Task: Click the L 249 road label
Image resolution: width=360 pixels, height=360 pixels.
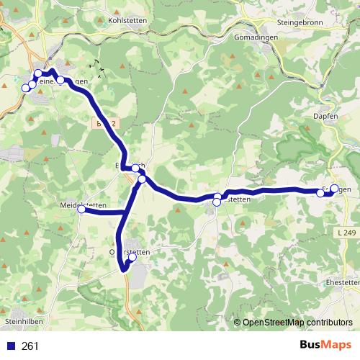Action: pos(346,232)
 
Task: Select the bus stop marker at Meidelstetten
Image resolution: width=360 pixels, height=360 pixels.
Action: pos(81,210)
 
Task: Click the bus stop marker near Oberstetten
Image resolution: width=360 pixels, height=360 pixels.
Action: pos(132,257)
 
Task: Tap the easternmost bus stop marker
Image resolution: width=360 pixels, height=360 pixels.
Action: pos(334,189)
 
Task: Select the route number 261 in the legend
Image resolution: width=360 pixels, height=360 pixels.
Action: pos(30,346)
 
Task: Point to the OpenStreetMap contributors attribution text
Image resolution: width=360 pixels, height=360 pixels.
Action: pos(297,323)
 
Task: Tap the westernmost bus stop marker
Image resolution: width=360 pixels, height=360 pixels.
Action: pos(26,88)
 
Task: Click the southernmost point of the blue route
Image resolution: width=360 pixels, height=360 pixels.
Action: pos(124,270)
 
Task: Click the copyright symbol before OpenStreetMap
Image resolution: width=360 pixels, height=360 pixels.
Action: pos(238,323)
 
